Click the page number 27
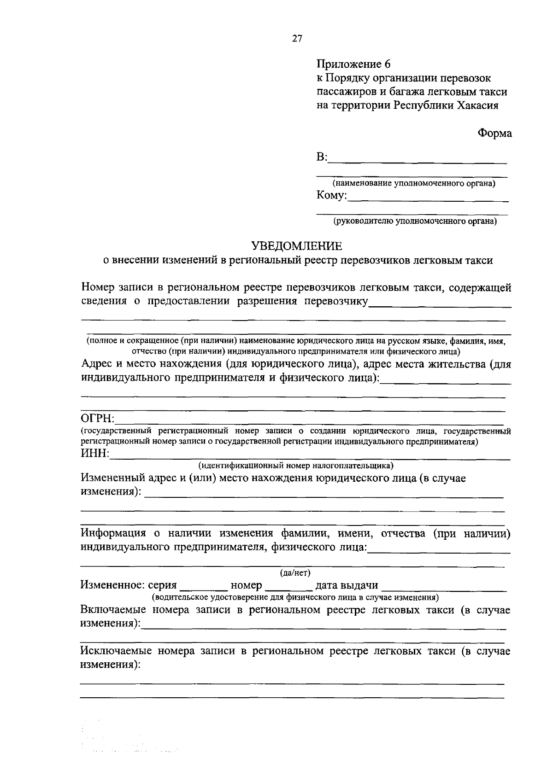click(297, 39)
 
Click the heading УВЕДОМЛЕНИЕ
click(297, 246)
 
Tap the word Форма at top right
click(494, 133)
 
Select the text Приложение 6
click(353, 64)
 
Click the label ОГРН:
click(98, 419)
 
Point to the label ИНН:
click(95, 455)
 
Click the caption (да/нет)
click(295, 573)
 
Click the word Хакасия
click(477, 105)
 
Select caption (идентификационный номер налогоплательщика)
click(295, 465)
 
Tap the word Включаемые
click(113, 610)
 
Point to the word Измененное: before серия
click(112, 585)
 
